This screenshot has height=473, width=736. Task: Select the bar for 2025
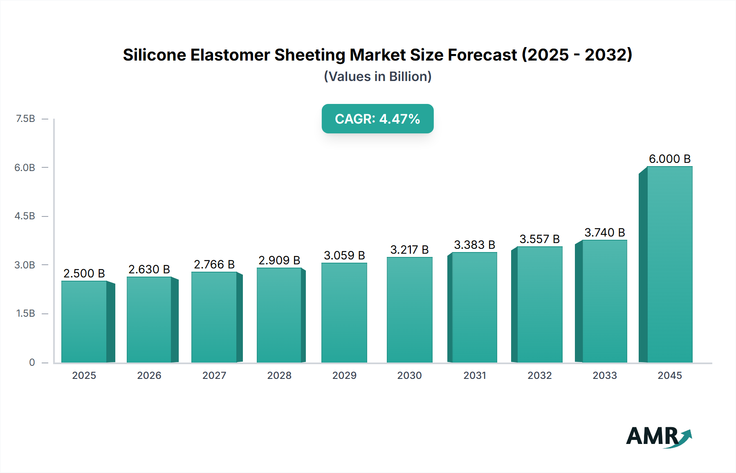[84, 322]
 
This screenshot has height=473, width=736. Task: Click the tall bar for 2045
[669, 264]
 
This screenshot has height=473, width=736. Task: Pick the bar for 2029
[344, 313]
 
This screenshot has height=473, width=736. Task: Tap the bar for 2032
[539, 304]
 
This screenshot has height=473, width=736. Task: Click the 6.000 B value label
[669, 159]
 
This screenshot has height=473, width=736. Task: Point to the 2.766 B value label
[214, 264]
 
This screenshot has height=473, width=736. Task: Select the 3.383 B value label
[474, 245]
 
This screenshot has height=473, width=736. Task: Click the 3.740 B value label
[604, 232]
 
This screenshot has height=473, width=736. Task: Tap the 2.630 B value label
[149, 269]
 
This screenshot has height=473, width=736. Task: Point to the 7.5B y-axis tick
[25, 119]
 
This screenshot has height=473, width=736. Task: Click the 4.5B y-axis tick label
[25, 216]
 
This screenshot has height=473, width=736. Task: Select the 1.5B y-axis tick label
[25, 313]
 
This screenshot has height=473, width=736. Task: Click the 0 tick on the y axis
[32, 362]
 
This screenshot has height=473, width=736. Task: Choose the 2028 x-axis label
[279, 375]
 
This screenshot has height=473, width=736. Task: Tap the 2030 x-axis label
[409, 375]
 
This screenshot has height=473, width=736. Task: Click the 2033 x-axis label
[604, 375]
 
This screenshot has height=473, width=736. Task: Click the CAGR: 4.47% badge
[377, 119]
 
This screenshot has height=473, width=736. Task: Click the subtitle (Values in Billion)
[377, 77]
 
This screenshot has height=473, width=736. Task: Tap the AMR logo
[658, 437]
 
